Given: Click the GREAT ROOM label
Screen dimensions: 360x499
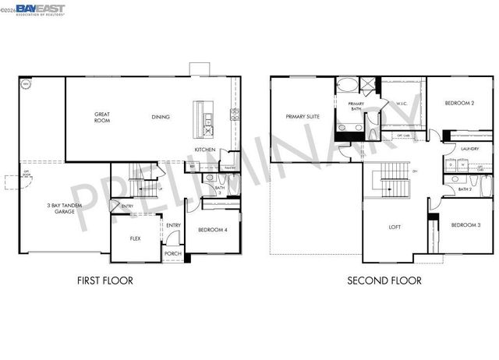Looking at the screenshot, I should tap(102, 118).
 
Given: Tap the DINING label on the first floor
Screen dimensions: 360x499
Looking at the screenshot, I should tap(161, 118).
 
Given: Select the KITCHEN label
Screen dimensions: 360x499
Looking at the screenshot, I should tap(205, 149).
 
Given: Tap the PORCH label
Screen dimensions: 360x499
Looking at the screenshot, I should tap(172, 253).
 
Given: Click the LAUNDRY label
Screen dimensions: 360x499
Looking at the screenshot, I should tap(469, 148).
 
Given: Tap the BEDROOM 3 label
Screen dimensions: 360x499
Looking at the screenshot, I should tap(465, 225).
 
